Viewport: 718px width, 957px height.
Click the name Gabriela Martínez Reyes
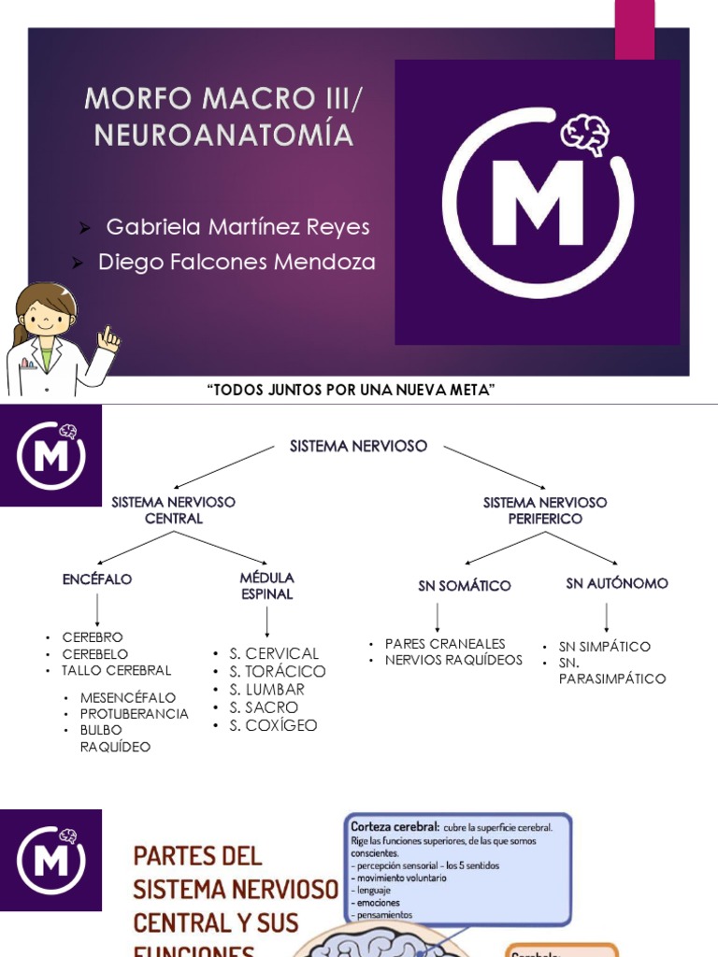tap(237, 227)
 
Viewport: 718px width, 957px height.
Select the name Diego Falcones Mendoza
tap(237, 263)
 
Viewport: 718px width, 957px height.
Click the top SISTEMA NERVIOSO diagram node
tap(358, 447)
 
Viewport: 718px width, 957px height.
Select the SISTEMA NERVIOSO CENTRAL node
tap(173, 510)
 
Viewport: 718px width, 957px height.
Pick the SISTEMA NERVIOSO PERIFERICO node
tap(545, 510)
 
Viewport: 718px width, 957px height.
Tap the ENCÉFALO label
tap(97, 579)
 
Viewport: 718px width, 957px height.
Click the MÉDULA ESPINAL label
tap(266, 586)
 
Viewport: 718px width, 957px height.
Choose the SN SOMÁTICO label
tap(465, 586)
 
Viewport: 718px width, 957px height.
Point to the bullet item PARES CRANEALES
tap(445, 644)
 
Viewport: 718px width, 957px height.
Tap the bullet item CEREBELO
tap(95, 654)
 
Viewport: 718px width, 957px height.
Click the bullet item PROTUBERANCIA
tap(135, 714)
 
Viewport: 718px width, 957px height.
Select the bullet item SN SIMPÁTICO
tap(605, 647)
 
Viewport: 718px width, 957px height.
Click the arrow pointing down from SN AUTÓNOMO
tap(607, 616)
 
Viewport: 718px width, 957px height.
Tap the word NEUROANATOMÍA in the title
tap(223, 136)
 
